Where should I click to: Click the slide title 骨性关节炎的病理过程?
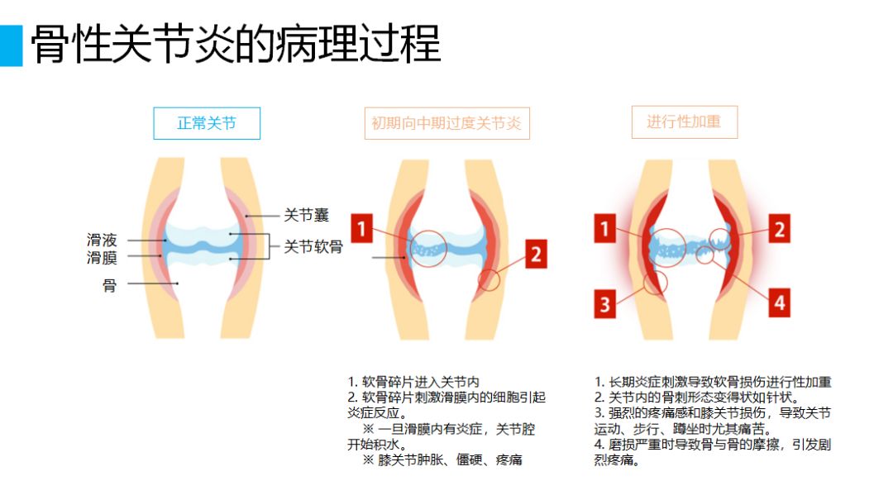tap(236, 44)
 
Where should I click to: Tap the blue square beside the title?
tap(11, 45)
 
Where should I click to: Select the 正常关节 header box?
tap(207, 123)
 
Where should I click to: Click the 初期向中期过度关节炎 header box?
tap(447, 123)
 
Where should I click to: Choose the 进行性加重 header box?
tap(685, 121)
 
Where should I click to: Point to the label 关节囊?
tap(307, 215)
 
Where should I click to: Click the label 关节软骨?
tap(313, 246)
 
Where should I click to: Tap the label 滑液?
tap(102, 240)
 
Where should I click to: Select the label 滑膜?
tap(102, 257)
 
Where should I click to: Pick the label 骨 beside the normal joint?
tap(109, 285)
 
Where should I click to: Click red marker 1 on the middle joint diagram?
tap(361, 228)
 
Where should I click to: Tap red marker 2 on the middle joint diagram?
tap(536, 254)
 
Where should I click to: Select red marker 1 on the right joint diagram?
tap(604, 228)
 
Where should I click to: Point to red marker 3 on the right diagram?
tap(604, 303)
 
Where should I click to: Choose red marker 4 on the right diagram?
tap(779, 302)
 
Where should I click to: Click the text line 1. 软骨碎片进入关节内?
tap(413, 382)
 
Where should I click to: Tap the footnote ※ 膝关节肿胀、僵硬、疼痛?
tap(442, 460)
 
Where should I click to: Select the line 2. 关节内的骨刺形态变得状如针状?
tap(697, 398)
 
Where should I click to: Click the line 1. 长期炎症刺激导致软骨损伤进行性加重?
tap(713, 382)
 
